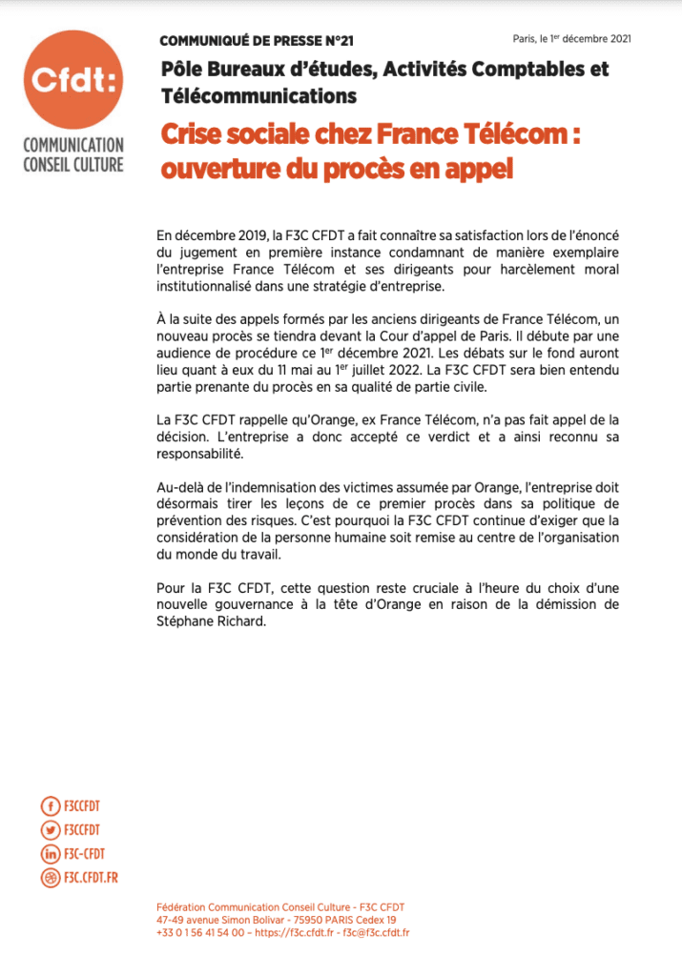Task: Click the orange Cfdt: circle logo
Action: [73, 80]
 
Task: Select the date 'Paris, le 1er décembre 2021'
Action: [571, 38]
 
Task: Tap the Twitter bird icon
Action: [51, 832]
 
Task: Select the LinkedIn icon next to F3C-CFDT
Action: [51, 854]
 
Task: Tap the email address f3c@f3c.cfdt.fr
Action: [376, 932]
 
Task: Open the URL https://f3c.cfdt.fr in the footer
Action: [297, 932]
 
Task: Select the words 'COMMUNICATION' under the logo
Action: [73, 146]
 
